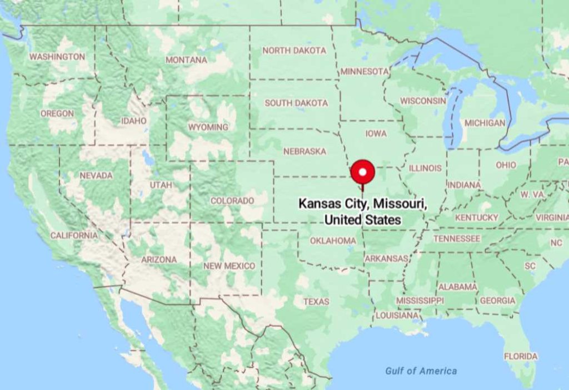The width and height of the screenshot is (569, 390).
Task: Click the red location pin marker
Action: pyautogui.click(x=363, y=173)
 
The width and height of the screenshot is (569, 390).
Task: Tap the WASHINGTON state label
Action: pyautogui.click(x=57, y=57)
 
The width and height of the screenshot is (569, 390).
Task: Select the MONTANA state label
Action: pyautogui.click(x=186, y=60)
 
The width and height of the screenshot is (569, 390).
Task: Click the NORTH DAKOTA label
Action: pyautogui.click(x=295, y=51)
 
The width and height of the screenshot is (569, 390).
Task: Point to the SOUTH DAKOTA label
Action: pyautogui.click(x=296, y=103)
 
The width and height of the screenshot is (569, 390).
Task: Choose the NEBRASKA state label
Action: pyautogui.click(x=305, y=151)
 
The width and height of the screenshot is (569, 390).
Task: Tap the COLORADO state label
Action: pyautogui.click(x=232, y=200)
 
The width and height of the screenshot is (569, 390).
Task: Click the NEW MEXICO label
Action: pyautogui.click(x=229, y=266)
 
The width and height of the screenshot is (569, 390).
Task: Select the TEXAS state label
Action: pyautogui.click(x=316, y=302)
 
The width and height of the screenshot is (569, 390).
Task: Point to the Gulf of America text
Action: pyautogui.click(x=421, y=371)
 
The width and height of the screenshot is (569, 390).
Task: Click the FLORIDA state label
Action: pyautogui.click(x=521, y=356)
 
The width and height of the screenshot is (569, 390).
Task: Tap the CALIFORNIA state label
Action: pyautogui.click(x=74, y=235)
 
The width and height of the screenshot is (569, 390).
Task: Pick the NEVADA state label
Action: pyautogui.click(x=96, y=175)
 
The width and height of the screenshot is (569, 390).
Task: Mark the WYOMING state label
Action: pyautogui.click(x=208, y=127)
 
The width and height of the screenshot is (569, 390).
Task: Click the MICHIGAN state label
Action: pyautogui.click(x=485, y=123)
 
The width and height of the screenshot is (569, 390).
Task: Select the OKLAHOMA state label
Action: pyautogui.click(x=333, y=241)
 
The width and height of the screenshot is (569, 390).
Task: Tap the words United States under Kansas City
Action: pyautogui.click(x=362, y=220)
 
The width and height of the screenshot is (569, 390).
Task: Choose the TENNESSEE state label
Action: pyautogui.click(x=457, y=239)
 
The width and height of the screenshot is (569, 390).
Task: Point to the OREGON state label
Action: pyautogui.click(x=57, y=113)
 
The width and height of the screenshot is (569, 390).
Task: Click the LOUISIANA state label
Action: pyautogui.click(x=397, y=315)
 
